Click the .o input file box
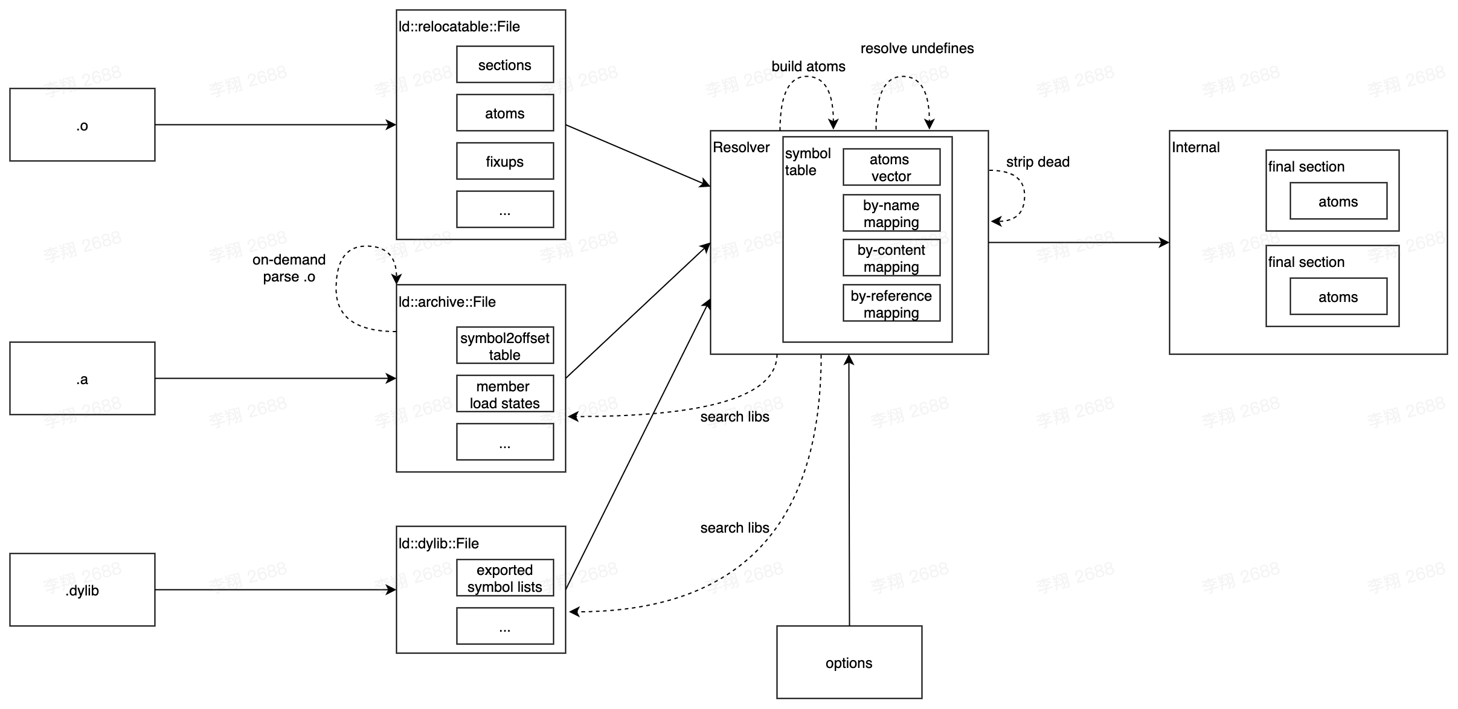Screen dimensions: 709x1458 coord(82,125)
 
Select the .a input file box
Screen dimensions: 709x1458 coord(82,379)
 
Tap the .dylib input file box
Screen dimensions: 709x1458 coord(82,590)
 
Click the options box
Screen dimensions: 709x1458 coord(849,662)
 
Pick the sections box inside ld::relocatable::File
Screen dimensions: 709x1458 coord(504,65)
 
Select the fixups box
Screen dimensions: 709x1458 coord(504,161)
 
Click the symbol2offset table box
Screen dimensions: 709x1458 coord(504,346)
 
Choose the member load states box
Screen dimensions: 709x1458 coord(504,394)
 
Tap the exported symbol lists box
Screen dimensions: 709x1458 coord(504,578)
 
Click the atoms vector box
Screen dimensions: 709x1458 coord(891,167)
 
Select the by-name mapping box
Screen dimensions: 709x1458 coord(891,213)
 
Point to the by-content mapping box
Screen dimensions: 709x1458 coord(891,258)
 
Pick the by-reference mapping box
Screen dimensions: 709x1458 coord(891,304)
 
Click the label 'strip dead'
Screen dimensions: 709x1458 coord(1037,162)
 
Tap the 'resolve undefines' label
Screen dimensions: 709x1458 coord(916,48)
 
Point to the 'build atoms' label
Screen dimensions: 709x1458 coord(808,66)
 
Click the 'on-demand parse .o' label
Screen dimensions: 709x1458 coord(289,268)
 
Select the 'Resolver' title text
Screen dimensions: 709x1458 coord(741,147)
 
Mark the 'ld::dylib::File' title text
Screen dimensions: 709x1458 coord(438,544)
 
